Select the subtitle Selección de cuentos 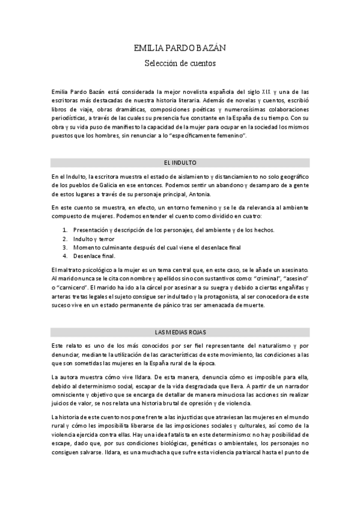click(x=180, y=62)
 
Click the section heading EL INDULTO click(x=180, y=162)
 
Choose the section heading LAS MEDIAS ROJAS click(x=180, y=333)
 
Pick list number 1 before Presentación click(x=66, y=230)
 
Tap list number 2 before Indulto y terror click(x=66, y=238)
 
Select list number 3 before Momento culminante click(x=66, y=247)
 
